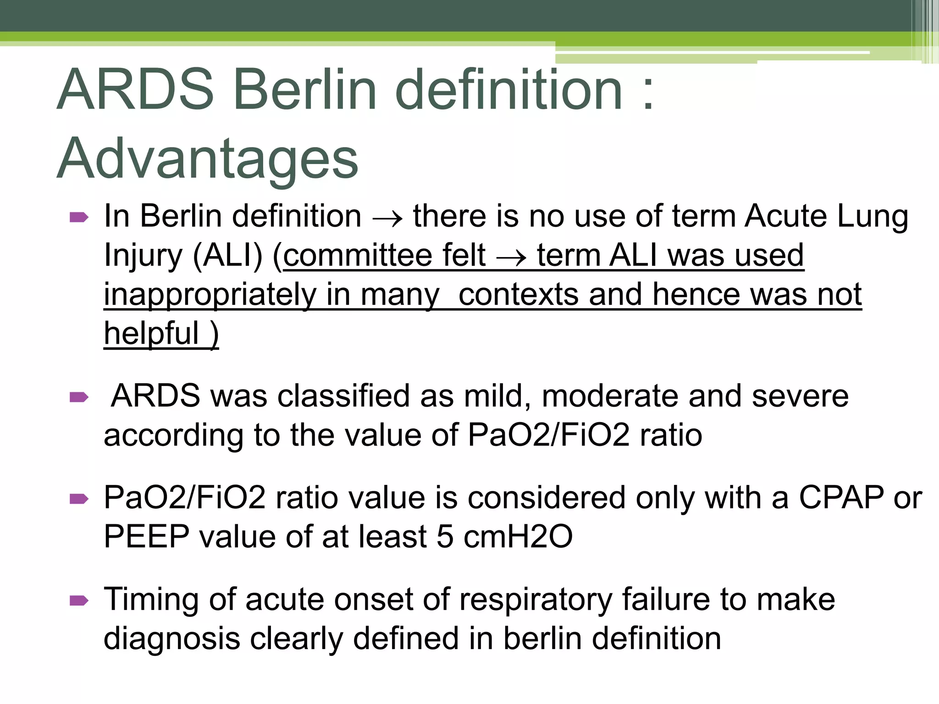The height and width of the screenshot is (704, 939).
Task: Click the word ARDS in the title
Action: [x=136, y=90]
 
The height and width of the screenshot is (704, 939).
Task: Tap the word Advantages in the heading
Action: [x=207, y=159]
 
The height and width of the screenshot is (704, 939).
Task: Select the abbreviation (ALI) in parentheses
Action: [x=228, y=256]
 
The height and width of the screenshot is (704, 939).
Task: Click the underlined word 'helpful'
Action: [x=151, y=333]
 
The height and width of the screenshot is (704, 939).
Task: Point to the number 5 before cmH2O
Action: [x=445, y=537]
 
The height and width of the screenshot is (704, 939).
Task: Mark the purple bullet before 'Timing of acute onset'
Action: [x=79, y=600]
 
